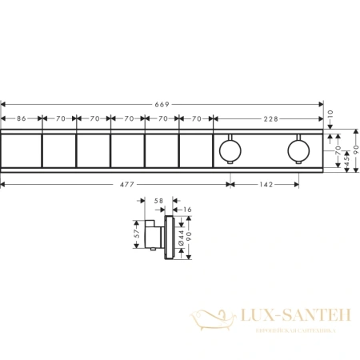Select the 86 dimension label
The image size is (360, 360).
22,118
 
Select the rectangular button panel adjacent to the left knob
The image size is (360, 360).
195,149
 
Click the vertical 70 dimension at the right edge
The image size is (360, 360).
337,149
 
